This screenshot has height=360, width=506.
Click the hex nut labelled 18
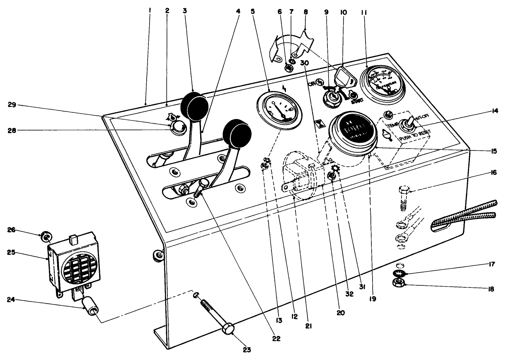click(x=399, y=283)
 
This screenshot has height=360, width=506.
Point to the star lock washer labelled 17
click(x=399, y=273)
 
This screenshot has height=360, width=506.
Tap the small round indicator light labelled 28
click(x=178, y=127)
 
